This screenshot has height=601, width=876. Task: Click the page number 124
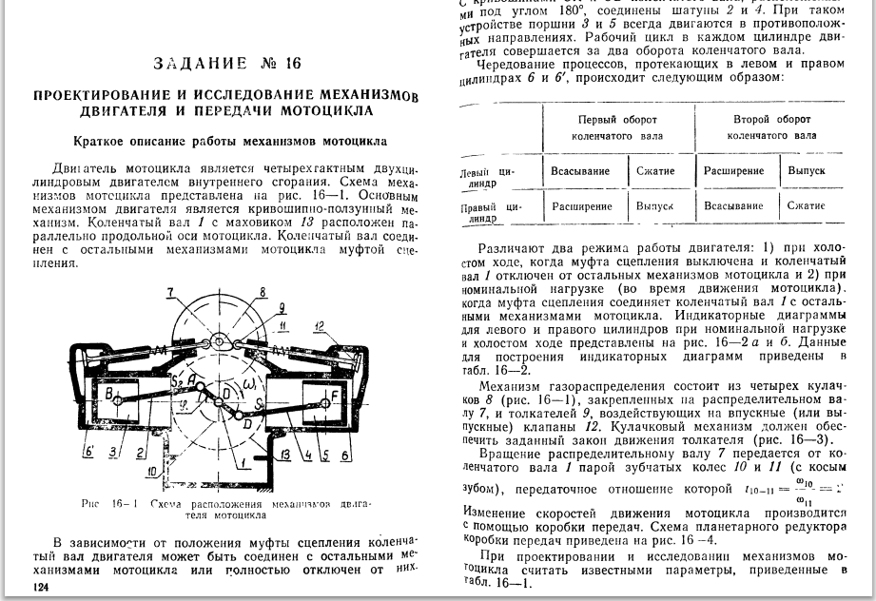pyautogui.click(x=41, y=590)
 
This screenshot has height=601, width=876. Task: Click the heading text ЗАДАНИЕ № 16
pyautogui.click(x=226, y=64)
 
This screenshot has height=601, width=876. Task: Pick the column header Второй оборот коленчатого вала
pyautogui.click(x=771, y=127)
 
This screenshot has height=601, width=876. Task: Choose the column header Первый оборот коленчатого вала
pyautogui.click(x=618, y=127)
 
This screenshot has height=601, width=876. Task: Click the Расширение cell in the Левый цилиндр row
pyautogui.click(x=733, y=170)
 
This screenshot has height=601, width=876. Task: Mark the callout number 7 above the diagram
pyautogui.click(x=168, y=290)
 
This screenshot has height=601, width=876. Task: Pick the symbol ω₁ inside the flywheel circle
pyautogui.click(x=250, y=383)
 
